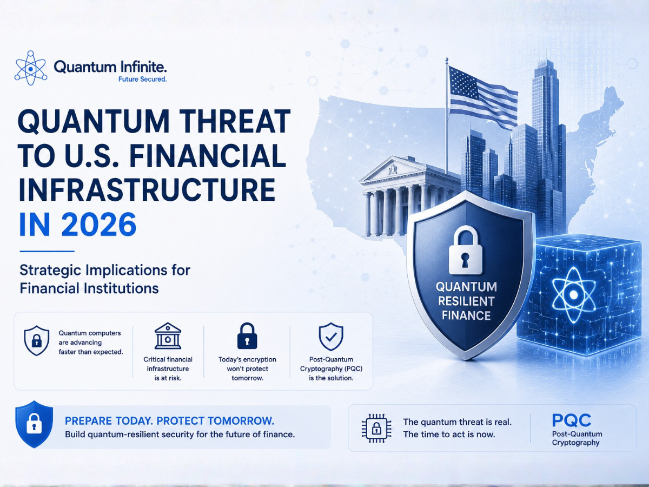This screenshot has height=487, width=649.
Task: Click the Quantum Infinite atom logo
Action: click(31, 68)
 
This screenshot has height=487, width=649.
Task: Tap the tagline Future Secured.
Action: click(143, 79)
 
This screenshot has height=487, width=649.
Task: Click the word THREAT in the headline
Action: click(235, 121)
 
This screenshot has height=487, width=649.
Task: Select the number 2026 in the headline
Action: click(99, 225)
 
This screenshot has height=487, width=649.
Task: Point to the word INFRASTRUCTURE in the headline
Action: click(147, 189)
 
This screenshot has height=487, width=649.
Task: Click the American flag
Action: click(484, 97)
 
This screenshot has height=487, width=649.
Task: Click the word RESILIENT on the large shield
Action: click(466, 301)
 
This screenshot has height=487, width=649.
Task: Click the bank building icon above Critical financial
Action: click(168, 336)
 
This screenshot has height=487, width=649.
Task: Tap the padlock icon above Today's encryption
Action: click(247, 336)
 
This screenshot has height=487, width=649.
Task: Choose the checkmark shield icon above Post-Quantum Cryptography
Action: click(331, 337)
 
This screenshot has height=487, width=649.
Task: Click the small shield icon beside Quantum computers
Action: click(37, 340)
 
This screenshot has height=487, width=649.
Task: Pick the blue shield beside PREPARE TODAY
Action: click(34, 424)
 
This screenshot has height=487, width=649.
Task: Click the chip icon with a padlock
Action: click(376, 428)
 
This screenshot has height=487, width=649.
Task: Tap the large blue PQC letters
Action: click(572, 420)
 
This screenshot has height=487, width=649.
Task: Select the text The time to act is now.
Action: click(449, 435)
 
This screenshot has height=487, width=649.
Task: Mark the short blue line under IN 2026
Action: click(47, 251)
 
